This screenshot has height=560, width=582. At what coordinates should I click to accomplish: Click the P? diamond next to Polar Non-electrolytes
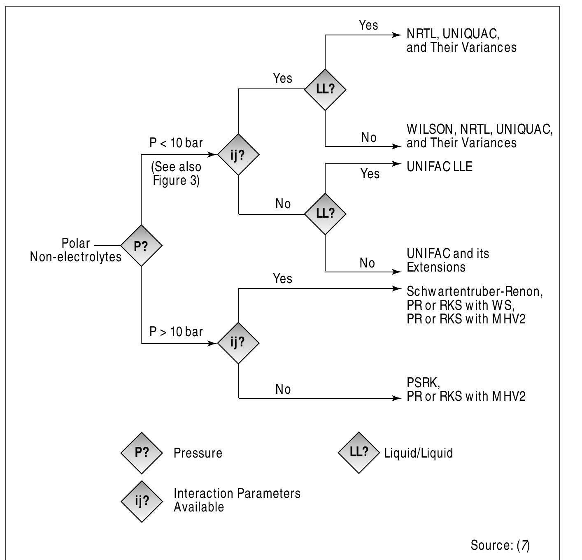pos(141,246)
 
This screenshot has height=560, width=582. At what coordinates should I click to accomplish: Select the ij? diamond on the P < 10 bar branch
pos(238,154)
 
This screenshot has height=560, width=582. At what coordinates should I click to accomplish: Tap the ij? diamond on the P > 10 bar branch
pos(238,343)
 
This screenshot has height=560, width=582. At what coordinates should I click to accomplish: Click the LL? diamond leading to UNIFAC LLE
pos(325,214)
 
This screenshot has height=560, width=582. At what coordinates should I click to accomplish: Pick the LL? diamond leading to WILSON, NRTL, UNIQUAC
pos(325,89)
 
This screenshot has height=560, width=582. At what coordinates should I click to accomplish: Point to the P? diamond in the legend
pos(141,453)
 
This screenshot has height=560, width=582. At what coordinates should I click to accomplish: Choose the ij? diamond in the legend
pos(141,502)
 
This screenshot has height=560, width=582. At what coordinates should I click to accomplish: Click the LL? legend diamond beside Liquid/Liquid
pos(359,452)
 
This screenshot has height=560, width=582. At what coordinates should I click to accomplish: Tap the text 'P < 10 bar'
pos(176,143)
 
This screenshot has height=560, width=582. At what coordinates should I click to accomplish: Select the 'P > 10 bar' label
pos(176,332)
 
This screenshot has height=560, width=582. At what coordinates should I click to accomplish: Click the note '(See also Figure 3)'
pos(176,174)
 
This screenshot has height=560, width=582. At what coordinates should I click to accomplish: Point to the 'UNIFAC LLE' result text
pos(439,167)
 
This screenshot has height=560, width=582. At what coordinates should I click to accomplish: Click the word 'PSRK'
pos(423,383)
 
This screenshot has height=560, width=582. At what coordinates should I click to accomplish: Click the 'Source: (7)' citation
pos(500,545)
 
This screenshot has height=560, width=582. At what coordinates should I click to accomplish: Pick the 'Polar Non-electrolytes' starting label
pos(76,250)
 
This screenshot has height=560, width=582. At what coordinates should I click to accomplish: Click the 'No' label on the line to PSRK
pos(283,389)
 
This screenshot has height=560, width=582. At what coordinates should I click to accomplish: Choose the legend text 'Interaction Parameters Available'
pos(237,500)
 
